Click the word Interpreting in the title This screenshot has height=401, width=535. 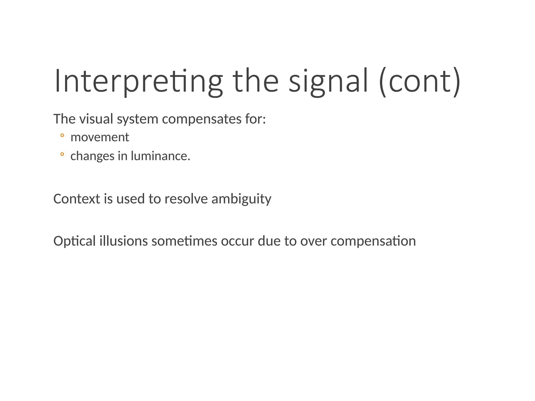pyautogui.click(x=138, y=81)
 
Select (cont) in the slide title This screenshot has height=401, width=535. pyautogui.click(x=419, y=81)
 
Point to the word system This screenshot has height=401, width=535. pyautogui.click(x=137, y=120)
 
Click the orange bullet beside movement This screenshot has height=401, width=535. pyautogui.click(x=62, y=135)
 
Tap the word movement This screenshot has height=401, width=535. pyautogui.click(x=100, y=137)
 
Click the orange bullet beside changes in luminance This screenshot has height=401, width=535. pyautogui.click(x=62, y=154)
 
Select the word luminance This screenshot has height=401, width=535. pyautogui.click(x=160, y=156)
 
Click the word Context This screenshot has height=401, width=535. pyautogui.click(x=77, y=199)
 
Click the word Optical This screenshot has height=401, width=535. pyautogui.click(x=74, y=241)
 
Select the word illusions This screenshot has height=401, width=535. pyautogui.click(x=124, y=241)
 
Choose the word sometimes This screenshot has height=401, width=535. pyautogui.click(x=184, y=241)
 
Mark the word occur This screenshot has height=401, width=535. pyautogui.click(x=237, y=241)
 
